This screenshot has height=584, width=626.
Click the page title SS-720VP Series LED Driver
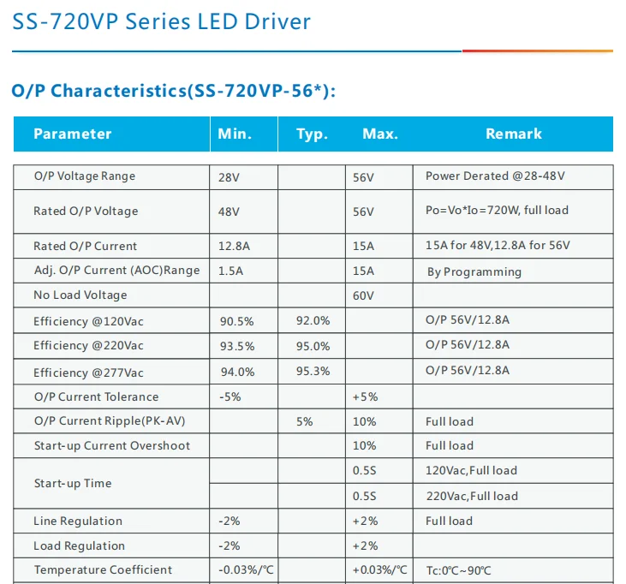162,21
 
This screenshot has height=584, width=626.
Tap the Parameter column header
73,134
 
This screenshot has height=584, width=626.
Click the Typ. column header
312,134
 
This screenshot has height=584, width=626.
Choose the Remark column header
514,134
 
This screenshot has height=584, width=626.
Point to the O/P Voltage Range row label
85,176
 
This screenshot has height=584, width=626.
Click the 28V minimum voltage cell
229,177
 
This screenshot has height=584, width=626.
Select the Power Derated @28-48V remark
495,176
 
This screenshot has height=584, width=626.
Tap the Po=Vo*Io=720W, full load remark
497,211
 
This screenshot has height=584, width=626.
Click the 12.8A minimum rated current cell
234,247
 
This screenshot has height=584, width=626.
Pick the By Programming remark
474,271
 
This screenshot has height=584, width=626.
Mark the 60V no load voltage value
363,296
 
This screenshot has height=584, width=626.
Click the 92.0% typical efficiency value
313,321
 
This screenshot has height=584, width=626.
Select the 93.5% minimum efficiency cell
236,346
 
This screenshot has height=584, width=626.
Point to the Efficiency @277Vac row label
89,372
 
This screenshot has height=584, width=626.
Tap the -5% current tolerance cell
230,397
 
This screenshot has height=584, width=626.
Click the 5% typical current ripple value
305,422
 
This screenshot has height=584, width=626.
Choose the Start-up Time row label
73,484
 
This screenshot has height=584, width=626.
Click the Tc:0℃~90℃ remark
458,570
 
